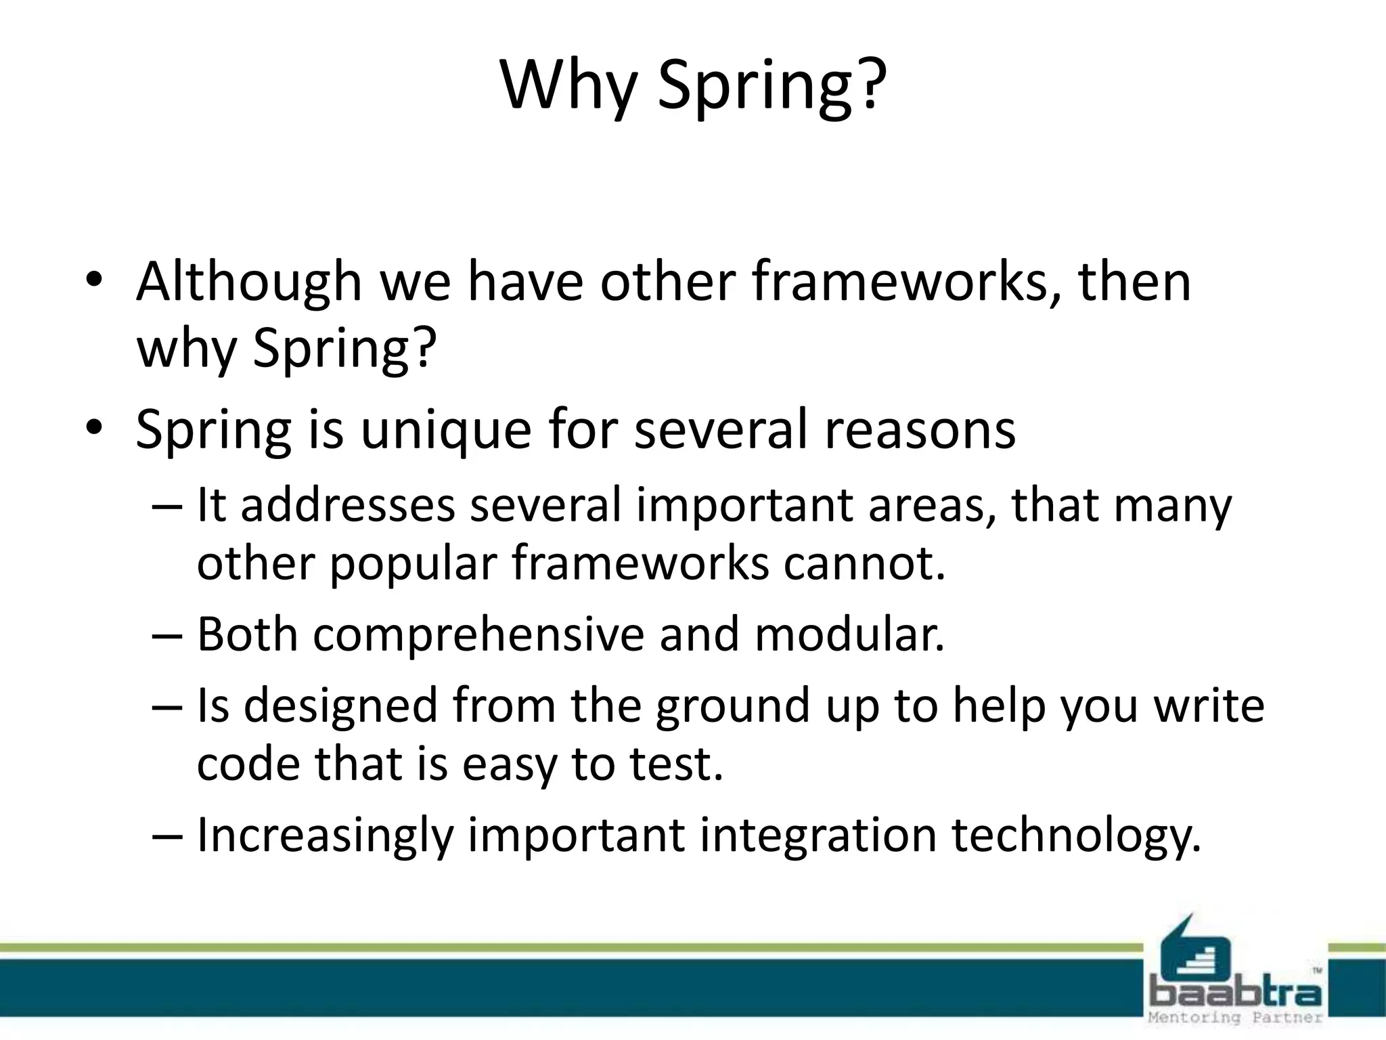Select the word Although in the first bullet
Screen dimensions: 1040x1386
click(249, 283)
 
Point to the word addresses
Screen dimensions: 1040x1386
click(348, 506)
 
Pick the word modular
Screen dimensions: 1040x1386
click(849, 635)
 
